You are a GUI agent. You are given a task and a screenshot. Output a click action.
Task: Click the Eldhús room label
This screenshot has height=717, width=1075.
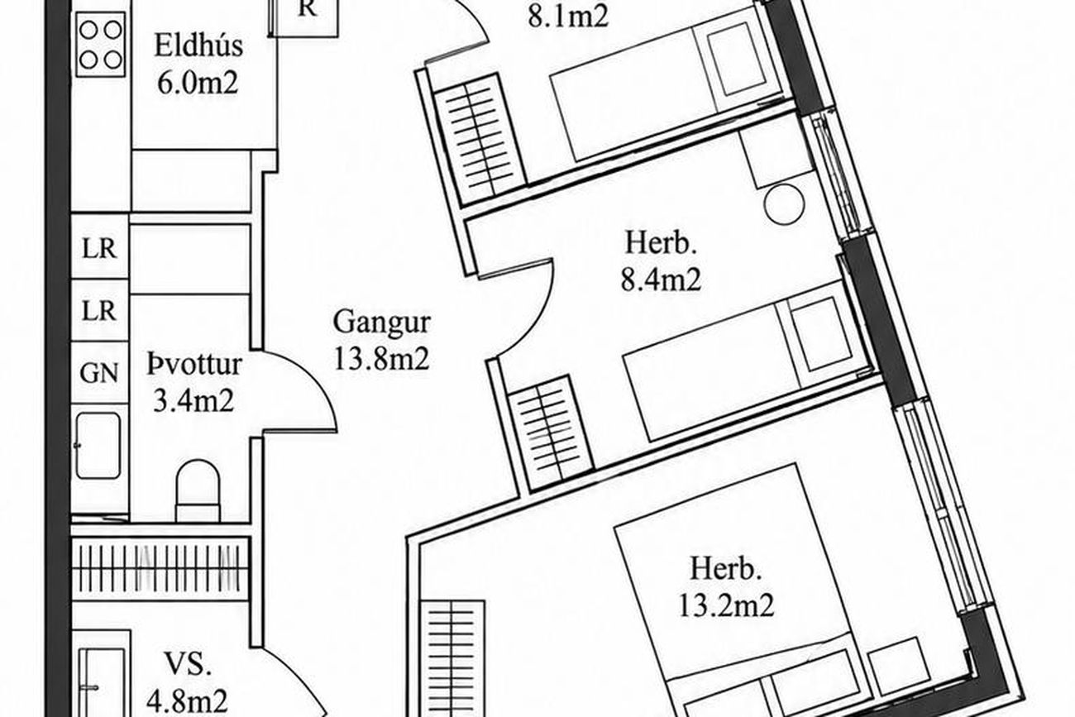pos(198,46)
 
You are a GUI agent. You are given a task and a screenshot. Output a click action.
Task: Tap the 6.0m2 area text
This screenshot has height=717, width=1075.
pos(198,84)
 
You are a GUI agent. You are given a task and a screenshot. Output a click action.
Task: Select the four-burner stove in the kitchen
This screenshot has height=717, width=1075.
pos(101,44)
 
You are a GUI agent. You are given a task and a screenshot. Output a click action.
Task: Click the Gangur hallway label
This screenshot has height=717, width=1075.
pos(381,323)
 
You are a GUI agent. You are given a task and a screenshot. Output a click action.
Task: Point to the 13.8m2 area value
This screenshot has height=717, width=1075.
pos(381,359)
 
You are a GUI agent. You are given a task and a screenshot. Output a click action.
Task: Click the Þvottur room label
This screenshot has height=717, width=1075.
pos(193,365)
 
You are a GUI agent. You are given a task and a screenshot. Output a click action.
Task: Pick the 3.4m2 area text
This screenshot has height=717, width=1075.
pos(193,401)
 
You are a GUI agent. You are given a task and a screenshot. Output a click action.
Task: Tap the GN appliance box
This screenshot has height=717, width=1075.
pos(100,373)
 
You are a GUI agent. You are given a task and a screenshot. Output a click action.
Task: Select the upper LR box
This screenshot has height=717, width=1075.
pos(100,247)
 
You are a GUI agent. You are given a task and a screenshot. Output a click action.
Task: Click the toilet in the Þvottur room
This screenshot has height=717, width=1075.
pos(198,490)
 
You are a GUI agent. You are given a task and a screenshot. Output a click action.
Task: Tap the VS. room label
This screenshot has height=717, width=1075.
pos(188,665)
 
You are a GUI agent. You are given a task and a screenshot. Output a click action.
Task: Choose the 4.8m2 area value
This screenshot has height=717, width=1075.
pos(187,701)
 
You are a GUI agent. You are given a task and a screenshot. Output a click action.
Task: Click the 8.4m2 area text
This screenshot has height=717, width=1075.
pos(661,280)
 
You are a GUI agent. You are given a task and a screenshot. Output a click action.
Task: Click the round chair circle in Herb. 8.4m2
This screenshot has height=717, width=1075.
pos(784,203)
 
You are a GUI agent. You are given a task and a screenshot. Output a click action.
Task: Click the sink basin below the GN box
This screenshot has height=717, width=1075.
pos(98,446)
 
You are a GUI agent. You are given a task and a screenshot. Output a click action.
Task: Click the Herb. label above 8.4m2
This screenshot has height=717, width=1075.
pos(661,243)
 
